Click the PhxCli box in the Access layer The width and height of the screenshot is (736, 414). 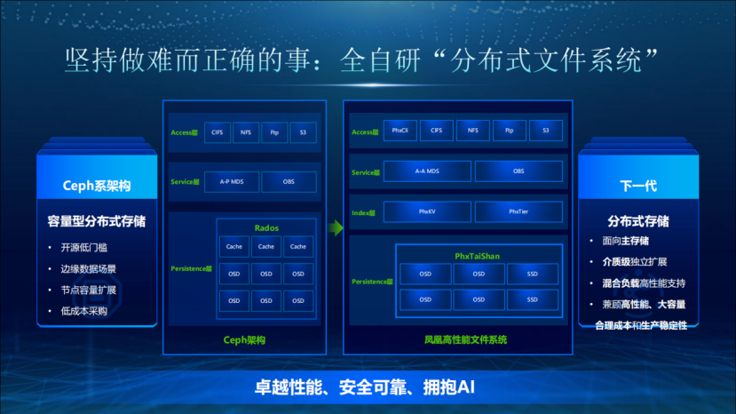400,131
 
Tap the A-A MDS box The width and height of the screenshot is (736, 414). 427,171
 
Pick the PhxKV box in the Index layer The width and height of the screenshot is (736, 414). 427,212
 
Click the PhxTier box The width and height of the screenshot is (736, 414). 518,212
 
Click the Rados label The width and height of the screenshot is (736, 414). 266,228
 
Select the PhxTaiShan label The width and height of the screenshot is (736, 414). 478,256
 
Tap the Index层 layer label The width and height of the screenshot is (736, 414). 364,212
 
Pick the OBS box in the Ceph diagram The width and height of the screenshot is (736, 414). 289,181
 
